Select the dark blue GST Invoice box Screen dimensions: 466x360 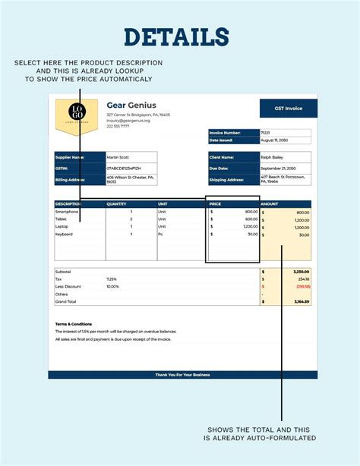[x=288, y=108]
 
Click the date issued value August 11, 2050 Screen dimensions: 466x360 [x=273, y=140]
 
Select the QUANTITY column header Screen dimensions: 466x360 [x=116, y=204]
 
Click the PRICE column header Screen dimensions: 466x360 [x=216, y=204]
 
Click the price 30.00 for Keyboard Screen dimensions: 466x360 [x=251, y=235]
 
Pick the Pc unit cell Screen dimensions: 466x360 [x=160, y=235]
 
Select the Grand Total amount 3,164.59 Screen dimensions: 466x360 [x=301, y=301]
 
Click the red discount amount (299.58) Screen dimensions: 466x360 [x=302, y=286]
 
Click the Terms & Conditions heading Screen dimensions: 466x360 [x=73, y=323]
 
